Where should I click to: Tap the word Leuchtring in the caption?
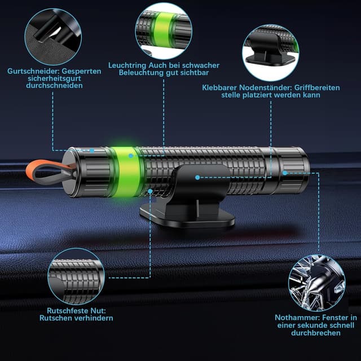tap(127, 65)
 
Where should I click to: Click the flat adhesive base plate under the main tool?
tap(187, 215)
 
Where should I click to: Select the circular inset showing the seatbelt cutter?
tap(53, 37)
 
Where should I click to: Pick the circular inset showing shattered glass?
tap(317, 283)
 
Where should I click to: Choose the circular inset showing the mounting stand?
tap(271, 52)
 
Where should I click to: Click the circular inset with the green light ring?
tap(164, 31)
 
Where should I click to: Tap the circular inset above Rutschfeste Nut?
tap(76, 276)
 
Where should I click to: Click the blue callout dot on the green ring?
tap(131, 156)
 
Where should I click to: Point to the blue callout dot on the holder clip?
tap(197, 178)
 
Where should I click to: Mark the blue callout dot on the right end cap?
tap(285, 173)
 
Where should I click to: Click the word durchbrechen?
tap(316, 333)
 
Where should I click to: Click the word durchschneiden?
tap(54, 85)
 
